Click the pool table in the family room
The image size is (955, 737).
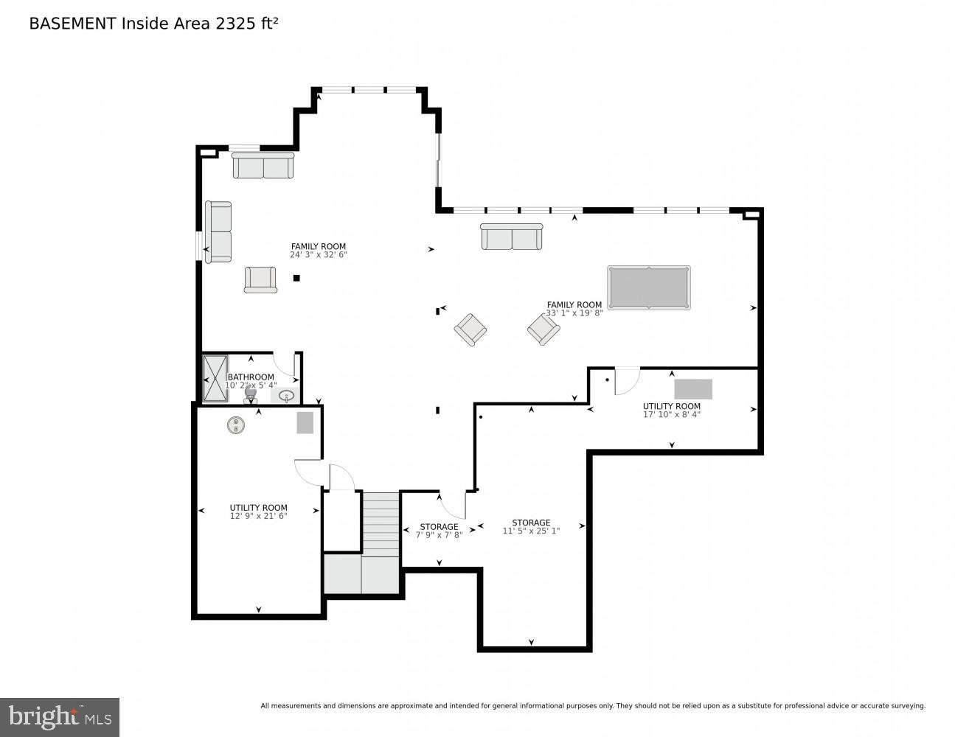point(648,287)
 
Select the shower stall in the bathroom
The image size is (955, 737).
point(215,379)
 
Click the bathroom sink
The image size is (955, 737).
point(286,396)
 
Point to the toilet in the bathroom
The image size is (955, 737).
point(251,396)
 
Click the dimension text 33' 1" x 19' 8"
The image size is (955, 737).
point(574,313)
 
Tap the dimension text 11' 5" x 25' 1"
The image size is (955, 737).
point(531,531)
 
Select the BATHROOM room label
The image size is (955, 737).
point(251,377)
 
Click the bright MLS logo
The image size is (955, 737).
point(60,716)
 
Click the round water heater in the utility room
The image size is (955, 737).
point(235,425)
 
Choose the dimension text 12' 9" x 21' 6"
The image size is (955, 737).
point(258,516)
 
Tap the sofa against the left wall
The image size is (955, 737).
point(218,231)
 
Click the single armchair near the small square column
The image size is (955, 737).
point(260,279)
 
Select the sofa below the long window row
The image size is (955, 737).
point(511,237)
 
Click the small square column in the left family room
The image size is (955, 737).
point(296,278)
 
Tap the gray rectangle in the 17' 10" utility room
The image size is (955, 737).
point(693,389)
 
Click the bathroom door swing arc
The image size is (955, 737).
point(284,363)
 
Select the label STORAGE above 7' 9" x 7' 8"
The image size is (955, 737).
point(439,526)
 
